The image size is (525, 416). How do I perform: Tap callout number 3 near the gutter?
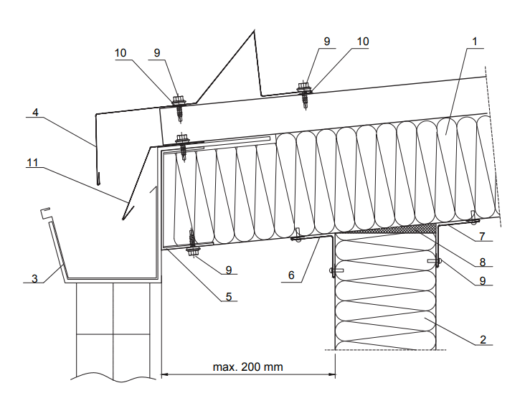point(34,278)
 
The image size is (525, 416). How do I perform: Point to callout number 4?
point(34,113)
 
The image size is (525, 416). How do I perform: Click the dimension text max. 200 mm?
point(248,367)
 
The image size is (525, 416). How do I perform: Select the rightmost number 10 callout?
point(362,42)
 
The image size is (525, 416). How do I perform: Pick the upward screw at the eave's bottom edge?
point(193,250)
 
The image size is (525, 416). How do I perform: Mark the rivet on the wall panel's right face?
point(435,261)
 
